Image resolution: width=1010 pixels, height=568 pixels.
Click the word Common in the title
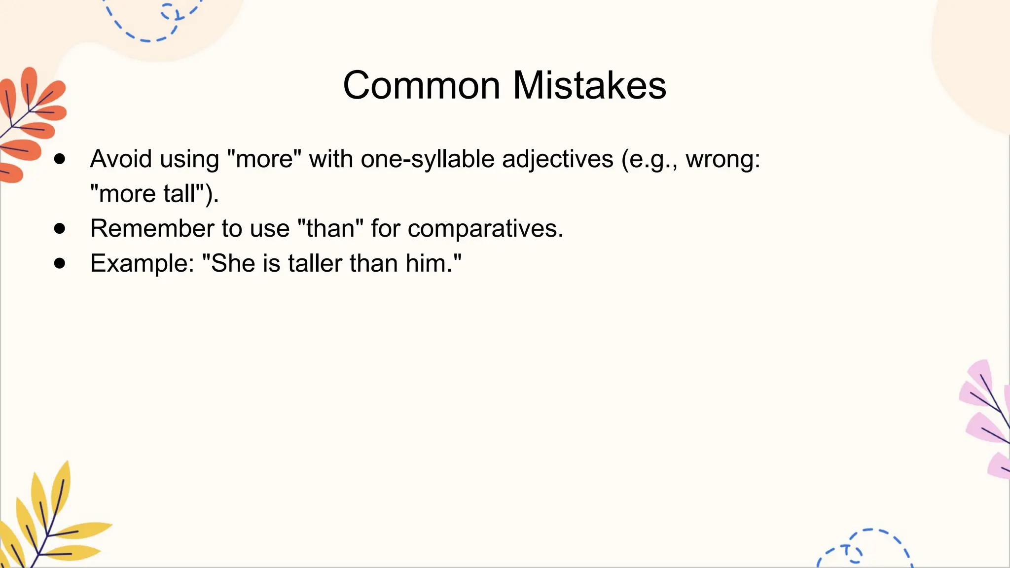[422, 85]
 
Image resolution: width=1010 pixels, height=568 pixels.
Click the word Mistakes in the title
[589, 85]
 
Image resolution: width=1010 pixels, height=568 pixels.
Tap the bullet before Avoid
[60, 159]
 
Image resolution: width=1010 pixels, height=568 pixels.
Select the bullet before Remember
[60, 228]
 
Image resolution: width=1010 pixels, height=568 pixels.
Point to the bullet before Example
[60, 263]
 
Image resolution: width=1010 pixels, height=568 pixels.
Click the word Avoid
[120, 159]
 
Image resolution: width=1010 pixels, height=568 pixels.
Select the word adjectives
[557, 160]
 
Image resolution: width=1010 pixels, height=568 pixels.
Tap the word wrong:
[722, 160]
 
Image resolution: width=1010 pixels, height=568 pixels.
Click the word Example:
[142, 263]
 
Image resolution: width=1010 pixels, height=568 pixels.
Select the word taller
[315, 263]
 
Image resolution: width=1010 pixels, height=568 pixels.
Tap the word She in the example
[233, 263]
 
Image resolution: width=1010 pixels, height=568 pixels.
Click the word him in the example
[426, 263]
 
